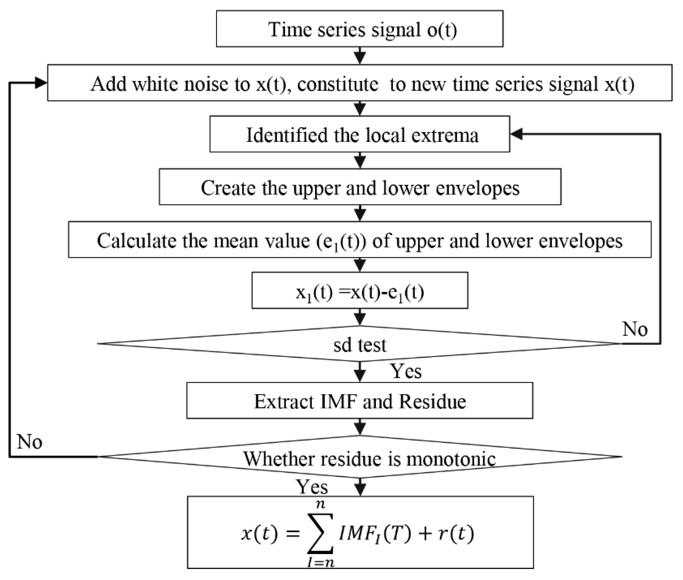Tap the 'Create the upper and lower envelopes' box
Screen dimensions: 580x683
pyautogui.click(x=360, y=187)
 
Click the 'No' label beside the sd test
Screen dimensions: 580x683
pyautogui.click(x=635, y=329)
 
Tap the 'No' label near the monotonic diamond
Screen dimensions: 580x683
pyautogui.click(x=29, y=442)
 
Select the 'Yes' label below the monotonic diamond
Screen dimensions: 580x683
pyautogui.click(x=312, y=487)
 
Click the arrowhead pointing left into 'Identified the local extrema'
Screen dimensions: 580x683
pyautogui.click(x=516, y=134)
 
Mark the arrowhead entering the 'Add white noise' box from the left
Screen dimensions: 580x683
pyautogui.click(x=41, y=82)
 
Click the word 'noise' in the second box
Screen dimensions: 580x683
pyautogui.click(x=205, y=84)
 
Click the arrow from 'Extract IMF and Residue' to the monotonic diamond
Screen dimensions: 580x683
pyautogui.click(x=360, y=427)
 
